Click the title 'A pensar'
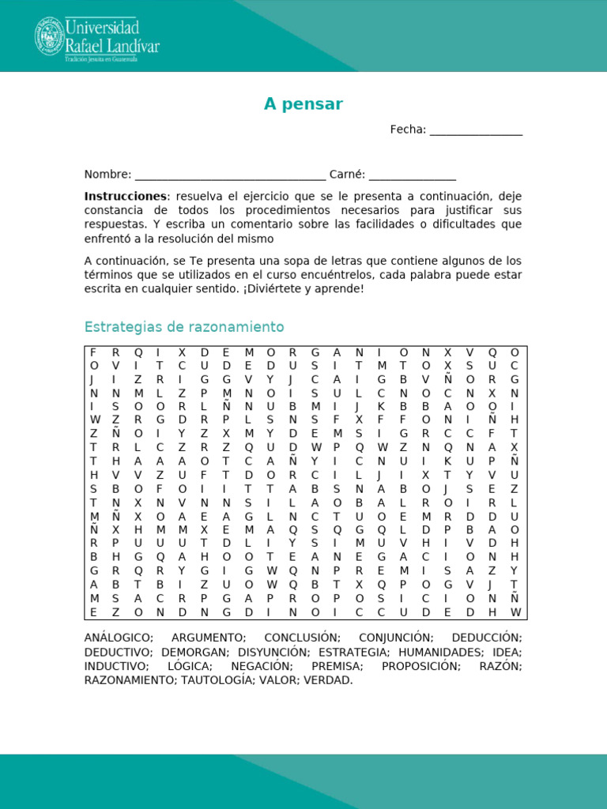[x=303, y=104]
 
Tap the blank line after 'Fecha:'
[x=476, y=131]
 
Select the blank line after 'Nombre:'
[x=230, y=175]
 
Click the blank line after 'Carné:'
[x=412, y=175]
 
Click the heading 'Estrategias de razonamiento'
[x=184, y=327]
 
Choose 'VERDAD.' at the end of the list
[x=328, y=680]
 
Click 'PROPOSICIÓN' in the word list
[x=420, y=666]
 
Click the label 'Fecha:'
[x=408, y=130]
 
